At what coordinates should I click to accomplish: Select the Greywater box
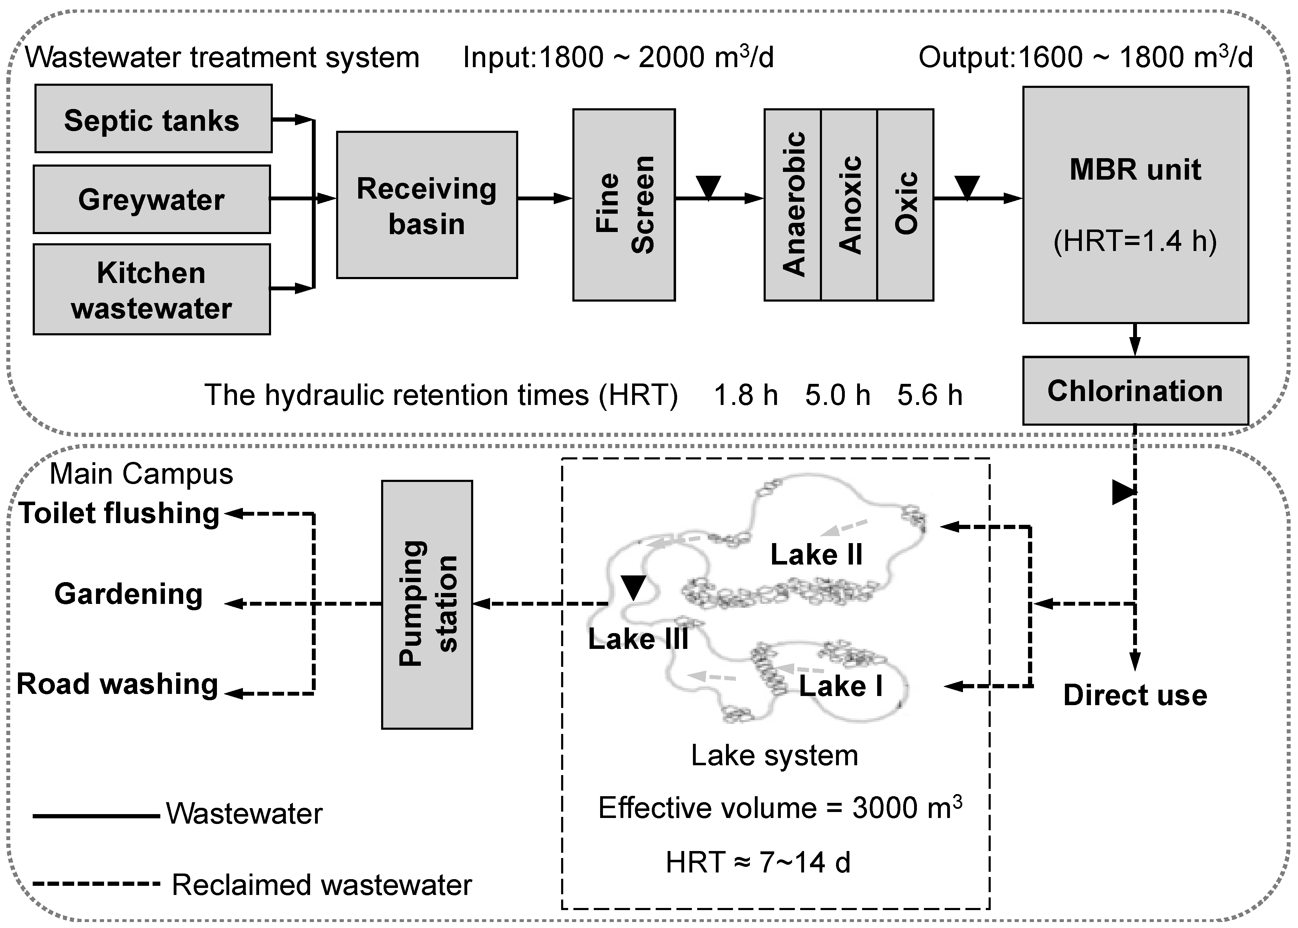click(x=152, y=199)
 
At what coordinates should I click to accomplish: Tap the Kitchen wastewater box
click(x=152, y=290)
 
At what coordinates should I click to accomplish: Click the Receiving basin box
click(x=426, y=205)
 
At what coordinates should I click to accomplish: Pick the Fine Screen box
click(x=624, y=205)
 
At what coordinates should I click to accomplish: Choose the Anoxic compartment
click(x=849, y=205)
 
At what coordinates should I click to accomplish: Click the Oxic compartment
click(x=905, y=205)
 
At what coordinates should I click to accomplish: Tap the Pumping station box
click(x=427, y=604)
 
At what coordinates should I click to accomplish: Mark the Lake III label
click(x=638, y=639)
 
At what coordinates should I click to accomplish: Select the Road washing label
click(x=118, y=684)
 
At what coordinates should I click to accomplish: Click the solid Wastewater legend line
click(x=96, y=816)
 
